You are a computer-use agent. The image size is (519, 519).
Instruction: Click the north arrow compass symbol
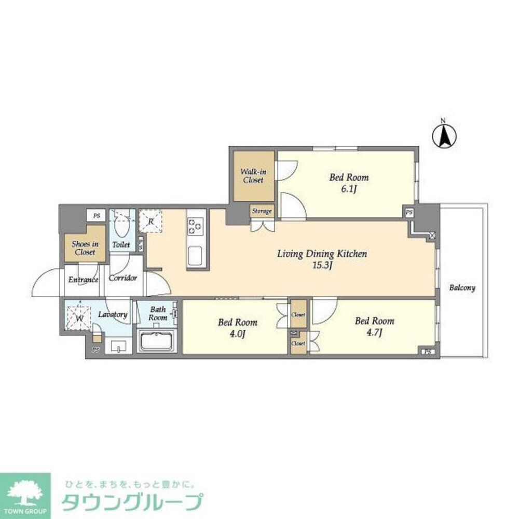tap(444, 136)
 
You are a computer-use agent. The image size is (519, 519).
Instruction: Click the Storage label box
tap(262, 211)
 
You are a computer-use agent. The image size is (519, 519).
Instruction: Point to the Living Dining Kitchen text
tap(322, 259)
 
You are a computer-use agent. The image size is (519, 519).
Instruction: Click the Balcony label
tap(462, 288)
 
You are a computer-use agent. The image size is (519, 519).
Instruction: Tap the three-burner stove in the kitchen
tap(196, 226)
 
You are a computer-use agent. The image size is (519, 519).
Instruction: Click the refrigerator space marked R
tap(150, 222)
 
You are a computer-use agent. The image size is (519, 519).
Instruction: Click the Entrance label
tap(84, 280)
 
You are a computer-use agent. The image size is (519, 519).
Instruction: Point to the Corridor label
tap(123, 278)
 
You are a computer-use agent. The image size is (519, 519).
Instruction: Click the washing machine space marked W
tap(79, 318)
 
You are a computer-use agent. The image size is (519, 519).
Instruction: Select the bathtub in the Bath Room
tap(158, 342)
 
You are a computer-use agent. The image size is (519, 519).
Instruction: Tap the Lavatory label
tap(113, 315)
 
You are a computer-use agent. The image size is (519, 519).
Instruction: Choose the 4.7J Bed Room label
tap(374, 326)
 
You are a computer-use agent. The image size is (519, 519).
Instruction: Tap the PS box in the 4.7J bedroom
tap(428, 351)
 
